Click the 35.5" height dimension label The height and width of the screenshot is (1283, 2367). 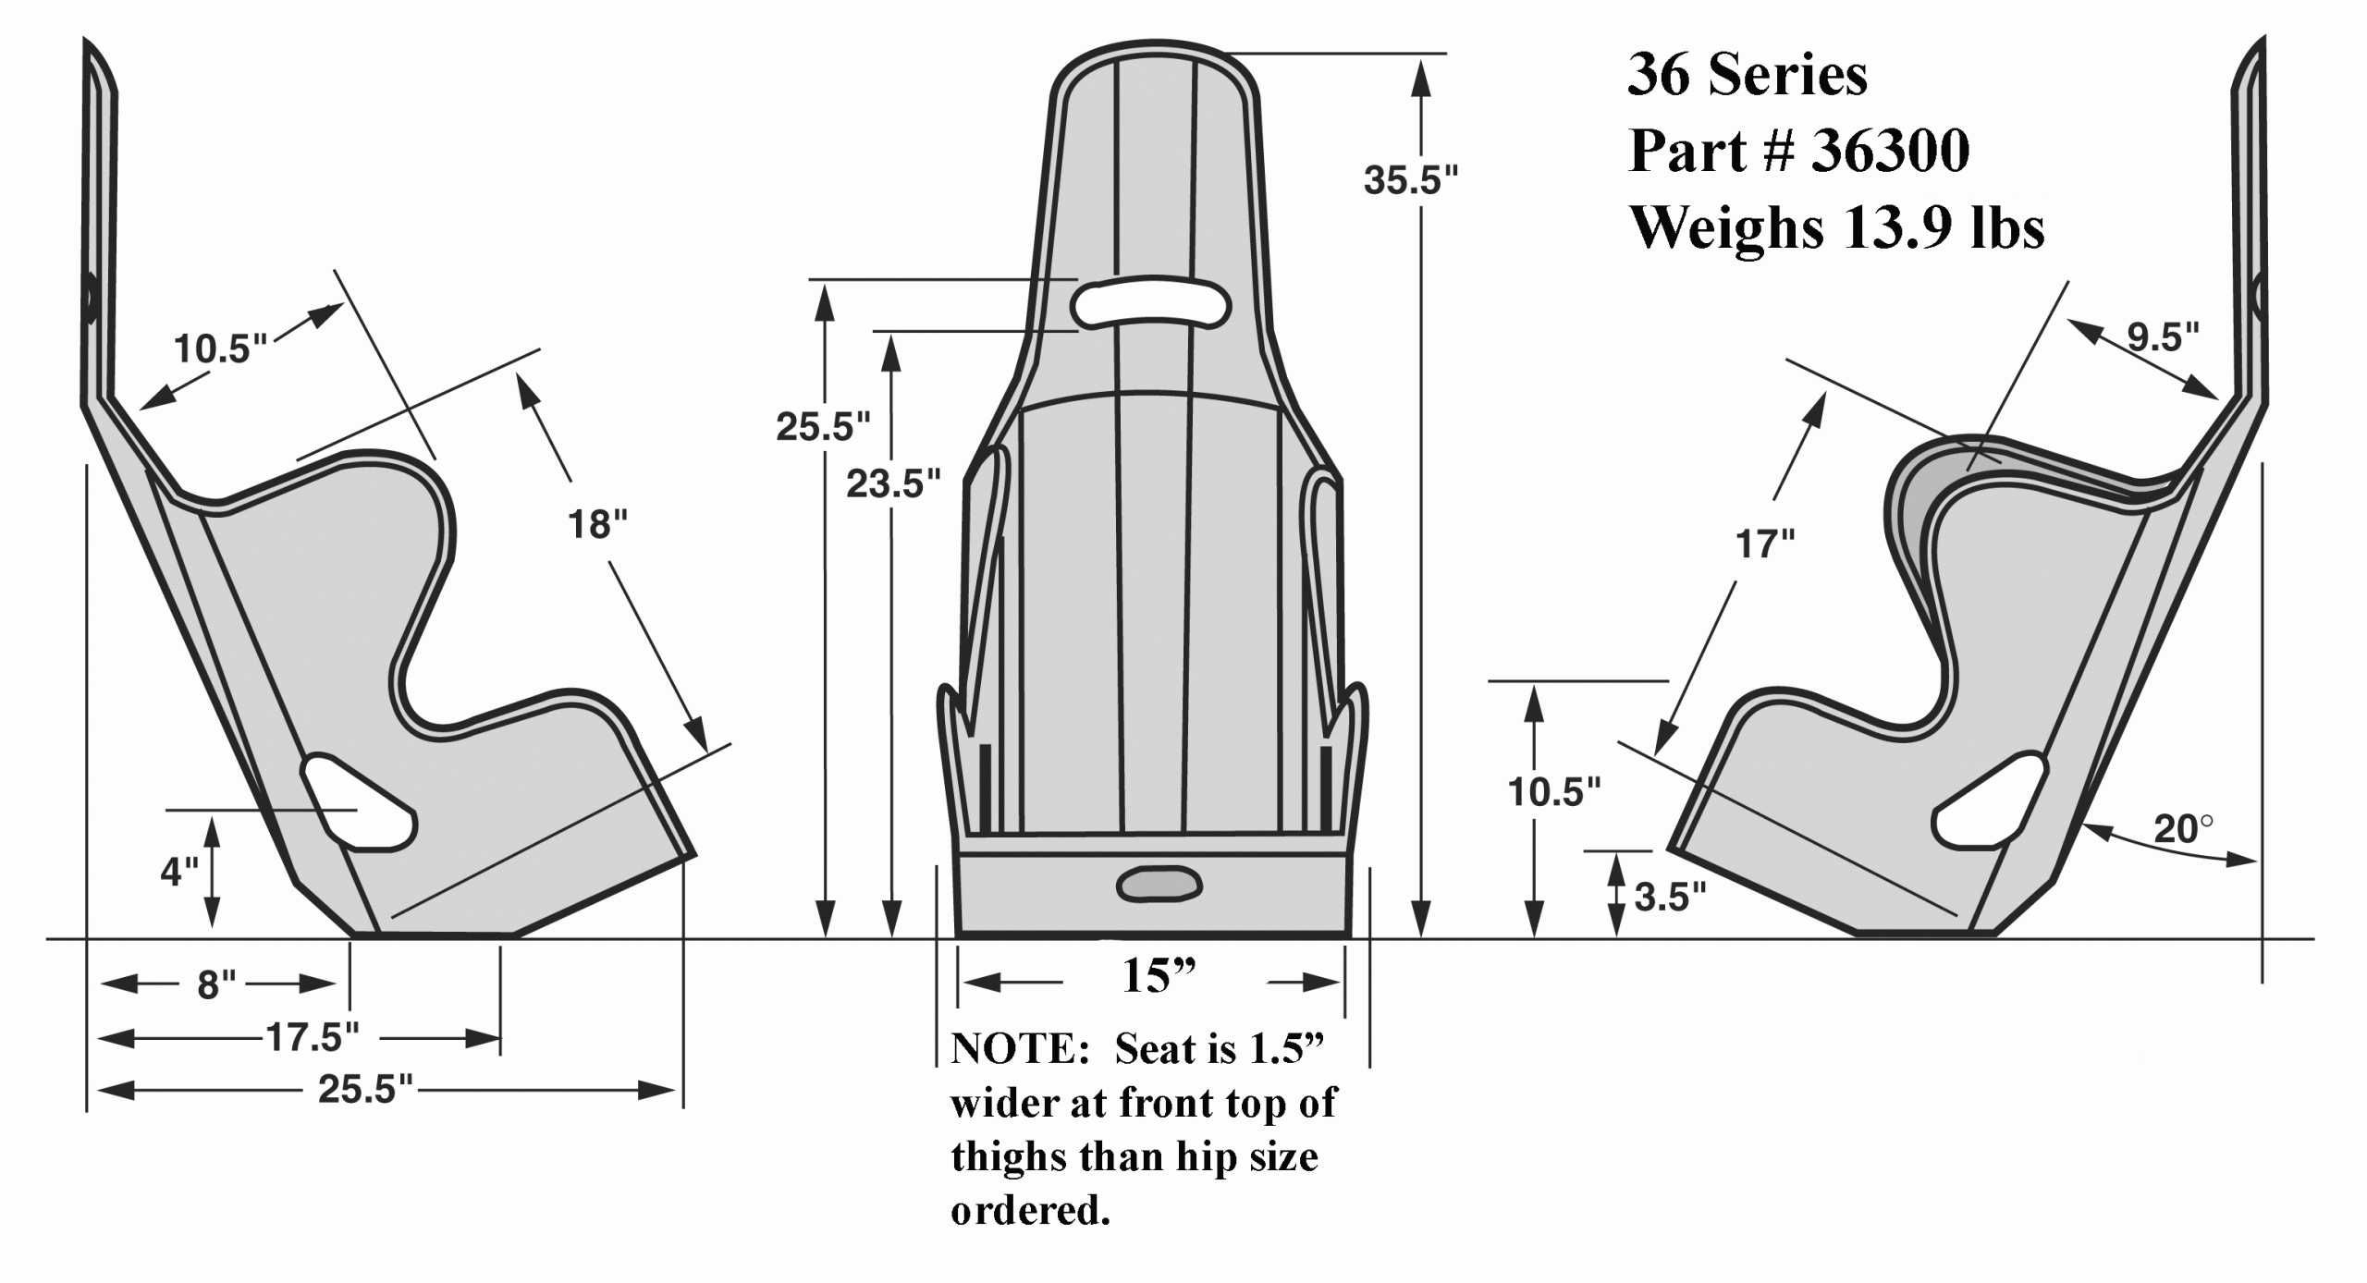[1410, 180]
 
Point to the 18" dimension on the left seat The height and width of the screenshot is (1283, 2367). [597, 524]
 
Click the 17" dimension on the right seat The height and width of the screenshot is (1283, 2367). [1765, 544]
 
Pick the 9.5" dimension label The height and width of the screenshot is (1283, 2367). [2163, 338]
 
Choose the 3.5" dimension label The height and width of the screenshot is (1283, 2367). [1670, 897]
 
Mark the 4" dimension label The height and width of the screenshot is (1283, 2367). [179, 871]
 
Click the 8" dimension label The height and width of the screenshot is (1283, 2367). [218, 985]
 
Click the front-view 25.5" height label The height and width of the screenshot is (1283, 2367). [823, 426]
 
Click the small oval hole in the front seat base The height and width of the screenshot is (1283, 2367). [1159, 885]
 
